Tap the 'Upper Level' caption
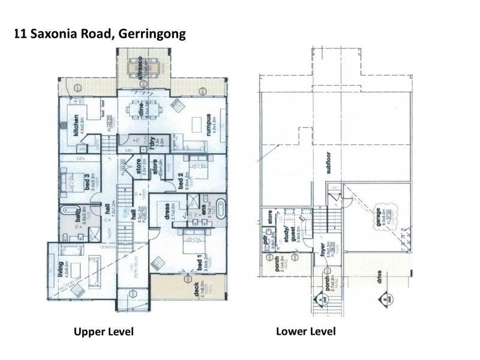click(103, 331)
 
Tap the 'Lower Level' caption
click(305, 331)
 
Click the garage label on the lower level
click(379, 216)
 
